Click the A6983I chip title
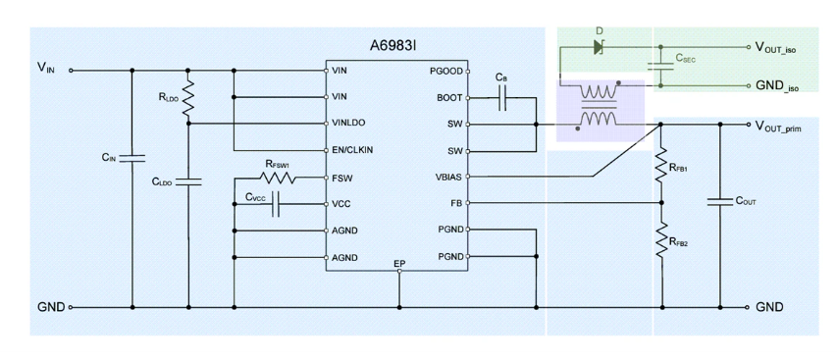tap(392, 45)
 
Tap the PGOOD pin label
tap(446, 71)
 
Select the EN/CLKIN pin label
tap(352, 150)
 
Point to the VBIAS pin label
tap(449, 178)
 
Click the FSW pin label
tap(342, 179)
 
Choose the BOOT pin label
tap(450, 98)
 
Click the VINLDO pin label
tap(348, 123)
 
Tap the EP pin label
tap(399, 264)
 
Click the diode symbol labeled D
tap(599, 47)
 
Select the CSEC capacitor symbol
tap(660, 66)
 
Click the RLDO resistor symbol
tap(187, 98)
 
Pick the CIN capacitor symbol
tap(132, 158)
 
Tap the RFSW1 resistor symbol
tap(278, 178)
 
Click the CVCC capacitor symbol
tap(276, 204)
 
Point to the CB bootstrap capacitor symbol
tap(501, 98)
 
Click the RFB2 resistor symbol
tap(662, 240)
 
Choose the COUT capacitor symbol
tap(719, 202)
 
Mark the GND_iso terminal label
tap(777, 86)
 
